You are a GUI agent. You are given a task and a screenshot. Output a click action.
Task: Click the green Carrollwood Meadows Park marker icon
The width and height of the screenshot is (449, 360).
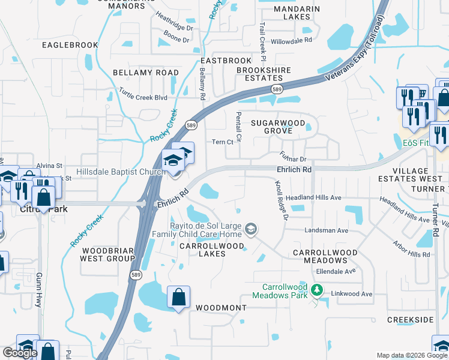[316, 291]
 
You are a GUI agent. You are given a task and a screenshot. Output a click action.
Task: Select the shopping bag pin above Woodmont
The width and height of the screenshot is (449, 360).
[179, 297]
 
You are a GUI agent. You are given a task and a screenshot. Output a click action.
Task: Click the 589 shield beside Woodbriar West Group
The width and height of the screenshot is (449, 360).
[136, 274]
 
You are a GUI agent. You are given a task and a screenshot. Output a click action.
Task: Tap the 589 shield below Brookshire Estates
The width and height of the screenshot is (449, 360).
[276, 89]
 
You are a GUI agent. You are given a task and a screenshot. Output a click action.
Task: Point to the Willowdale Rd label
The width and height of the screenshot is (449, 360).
[292, 40]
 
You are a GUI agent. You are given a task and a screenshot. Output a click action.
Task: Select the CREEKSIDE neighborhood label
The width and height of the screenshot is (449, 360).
[410, 320]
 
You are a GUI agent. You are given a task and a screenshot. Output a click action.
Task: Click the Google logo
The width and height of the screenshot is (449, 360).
[20, 353]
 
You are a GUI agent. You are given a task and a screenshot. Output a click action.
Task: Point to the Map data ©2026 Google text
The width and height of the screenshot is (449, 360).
[411, 355]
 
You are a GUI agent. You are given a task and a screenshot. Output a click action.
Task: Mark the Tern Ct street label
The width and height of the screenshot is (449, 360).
[223, 142]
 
